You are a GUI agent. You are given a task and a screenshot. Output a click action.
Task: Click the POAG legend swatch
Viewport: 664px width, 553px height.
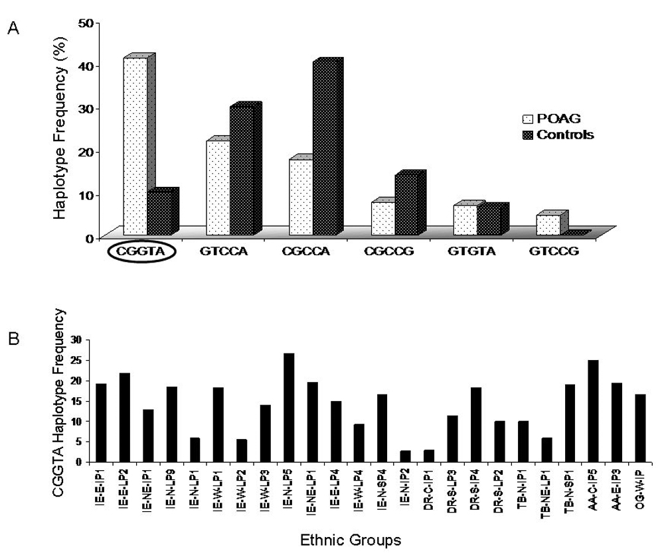pyautogui.click(x=529, y=119)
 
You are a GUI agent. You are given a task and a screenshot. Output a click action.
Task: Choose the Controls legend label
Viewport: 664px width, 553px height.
pyautogui.click(x=566, y=135)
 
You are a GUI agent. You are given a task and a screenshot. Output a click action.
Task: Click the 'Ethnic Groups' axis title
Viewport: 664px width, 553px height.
pyautogui.click(x=350, y=540)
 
